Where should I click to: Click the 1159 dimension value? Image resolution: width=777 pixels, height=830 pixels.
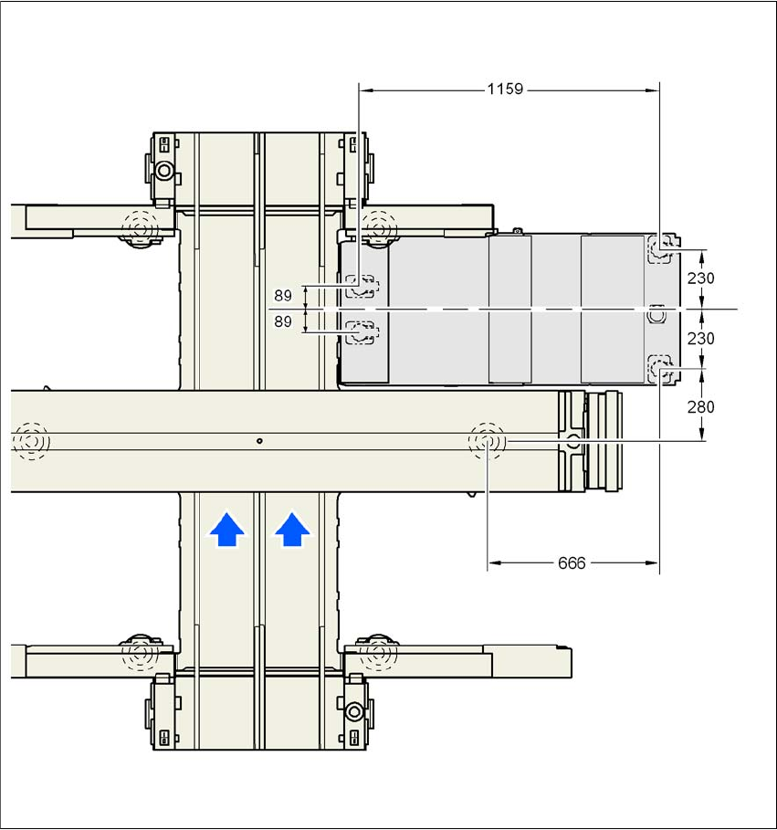(x=505, y=89)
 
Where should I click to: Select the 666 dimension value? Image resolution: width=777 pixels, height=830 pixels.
(x=572, y=563)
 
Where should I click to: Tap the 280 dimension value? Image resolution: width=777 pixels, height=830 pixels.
(x=701, y=407)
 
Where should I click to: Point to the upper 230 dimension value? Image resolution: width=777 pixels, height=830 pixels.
(x=701, y=278)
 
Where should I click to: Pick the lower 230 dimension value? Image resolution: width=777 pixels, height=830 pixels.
(x=701, y=338)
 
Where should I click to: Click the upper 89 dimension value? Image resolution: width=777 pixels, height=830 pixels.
(x=283, y=295)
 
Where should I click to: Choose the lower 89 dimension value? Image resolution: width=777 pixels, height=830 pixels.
(x=283, y=321)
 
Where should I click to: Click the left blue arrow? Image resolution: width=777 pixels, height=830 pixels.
(x=227, y=529)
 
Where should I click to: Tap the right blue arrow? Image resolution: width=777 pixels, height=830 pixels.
(x=291, y=529)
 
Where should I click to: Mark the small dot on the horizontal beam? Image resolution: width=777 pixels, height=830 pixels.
(x=259, y=441)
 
